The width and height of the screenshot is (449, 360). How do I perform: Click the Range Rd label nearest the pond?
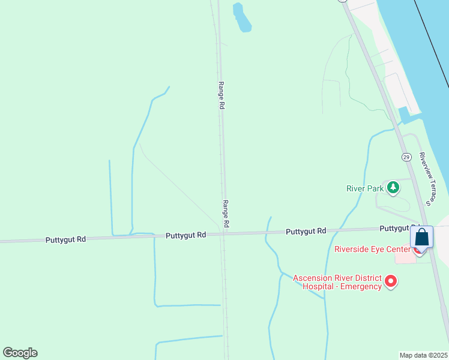pyautogui.click(x=221, y=95)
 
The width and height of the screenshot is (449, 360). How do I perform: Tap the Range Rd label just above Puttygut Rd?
pyautogui.click(x=226, y=213)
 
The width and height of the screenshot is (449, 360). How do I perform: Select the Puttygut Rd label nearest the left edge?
pyautogui.click(x=65, y=239)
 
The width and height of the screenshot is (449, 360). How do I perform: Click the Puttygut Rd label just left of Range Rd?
pyautogui.click(x=186, y=235)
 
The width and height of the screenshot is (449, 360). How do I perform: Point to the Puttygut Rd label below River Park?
pyautogui.click(x=306, y=231)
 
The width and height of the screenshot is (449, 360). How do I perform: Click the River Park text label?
pyautogui.click(x=365, y=188)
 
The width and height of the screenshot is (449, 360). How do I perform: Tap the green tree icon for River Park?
pyautogui.click(x=393, y=188)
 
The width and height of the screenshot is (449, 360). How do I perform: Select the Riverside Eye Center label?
pyautogui.click(x=372, y=249)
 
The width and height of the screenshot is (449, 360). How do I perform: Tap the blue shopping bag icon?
pyautogui.click(x=422, y=238)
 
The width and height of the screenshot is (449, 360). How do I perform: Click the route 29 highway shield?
pyautogui.click(x=406, y=157)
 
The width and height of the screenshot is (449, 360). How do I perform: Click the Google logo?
pyautogui.click(x=20, y=353)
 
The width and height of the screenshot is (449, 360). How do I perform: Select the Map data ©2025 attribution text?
pyautogui.click(x=423, y=355)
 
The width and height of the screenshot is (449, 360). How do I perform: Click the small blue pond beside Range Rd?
pyautogui.click(x=241, y=17)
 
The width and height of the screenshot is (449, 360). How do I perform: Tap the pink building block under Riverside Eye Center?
pyautogui.click(x=405, y=257)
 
